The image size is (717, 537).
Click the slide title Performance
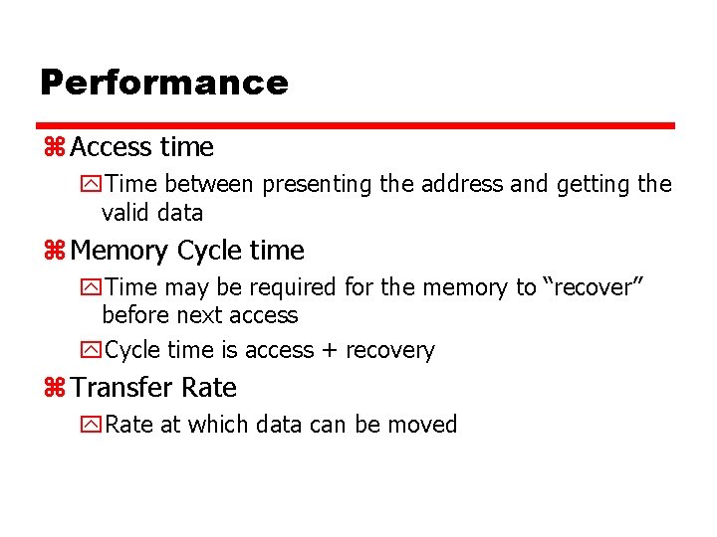[x=163, y=83]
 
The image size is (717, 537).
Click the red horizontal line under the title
[x=357, y=126]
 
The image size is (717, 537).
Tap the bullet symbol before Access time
[x=54, y=148]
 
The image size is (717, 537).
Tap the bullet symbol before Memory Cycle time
[x=54, y=252]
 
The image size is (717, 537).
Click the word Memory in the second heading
[x=120, y=251]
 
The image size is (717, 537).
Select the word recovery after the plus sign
[x=390, y=351]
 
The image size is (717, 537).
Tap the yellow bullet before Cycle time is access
[x=92, y=351]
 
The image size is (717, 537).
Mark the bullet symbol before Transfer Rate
[x=54, y=389]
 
